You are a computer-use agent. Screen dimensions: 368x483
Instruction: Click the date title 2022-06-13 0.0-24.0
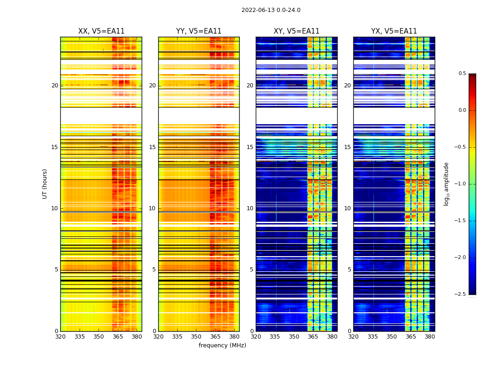(x=270, y=10)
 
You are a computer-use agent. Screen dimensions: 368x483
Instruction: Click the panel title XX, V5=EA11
(x=101, y=31)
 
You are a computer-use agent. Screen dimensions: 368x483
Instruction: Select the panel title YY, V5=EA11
(x=199, y=31)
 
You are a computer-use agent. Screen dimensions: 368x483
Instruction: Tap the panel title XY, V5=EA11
(x=296, y=31)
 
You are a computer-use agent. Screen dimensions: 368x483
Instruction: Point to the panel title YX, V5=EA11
(x=394, y=31)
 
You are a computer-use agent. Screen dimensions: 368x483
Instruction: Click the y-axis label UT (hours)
(x=45, y=184)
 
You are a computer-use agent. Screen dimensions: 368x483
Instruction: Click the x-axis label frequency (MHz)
(x=222, y=345)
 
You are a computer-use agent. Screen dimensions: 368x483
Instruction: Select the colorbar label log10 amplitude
(x=446, y=184)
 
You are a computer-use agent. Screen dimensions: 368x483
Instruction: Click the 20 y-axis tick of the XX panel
(x=55, y=86)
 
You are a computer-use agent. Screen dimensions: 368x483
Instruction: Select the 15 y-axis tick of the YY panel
(x=152, y=147)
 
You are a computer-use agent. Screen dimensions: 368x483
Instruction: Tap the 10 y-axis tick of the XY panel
(x=250, y=208)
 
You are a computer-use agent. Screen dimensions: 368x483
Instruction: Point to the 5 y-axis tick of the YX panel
(x=349, y=270)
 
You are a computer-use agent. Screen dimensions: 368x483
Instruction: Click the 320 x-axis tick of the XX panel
(x=60, y=336)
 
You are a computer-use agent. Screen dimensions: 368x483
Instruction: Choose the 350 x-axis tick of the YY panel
(x=196, y=336)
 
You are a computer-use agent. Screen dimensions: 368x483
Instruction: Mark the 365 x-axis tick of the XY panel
(x=313, y=336)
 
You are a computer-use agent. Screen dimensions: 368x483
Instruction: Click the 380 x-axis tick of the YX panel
(x=430, y=336)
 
